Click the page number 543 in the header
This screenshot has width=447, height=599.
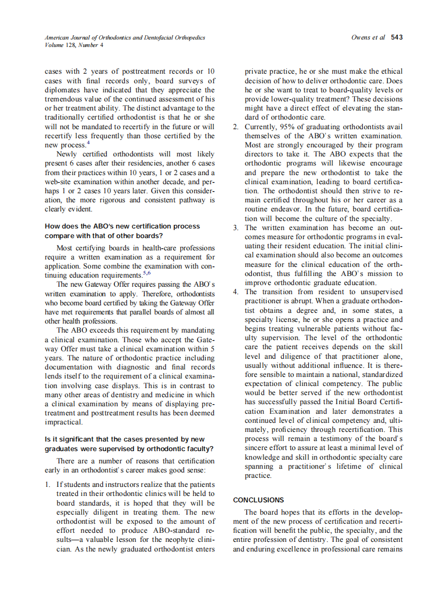(396, 37)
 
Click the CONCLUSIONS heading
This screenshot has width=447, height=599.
(259, 500)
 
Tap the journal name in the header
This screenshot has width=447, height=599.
(125, 37)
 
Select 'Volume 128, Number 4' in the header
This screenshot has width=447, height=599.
(74, 45)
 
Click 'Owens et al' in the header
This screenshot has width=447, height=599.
(368, 37)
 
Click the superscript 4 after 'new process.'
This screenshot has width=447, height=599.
(88, 143)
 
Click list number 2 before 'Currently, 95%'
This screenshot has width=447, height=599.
(236, 127)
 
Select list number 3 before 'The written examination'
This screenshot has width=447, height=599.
(236, 228)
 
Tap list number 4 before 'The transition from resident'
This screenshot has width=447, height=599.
(236, 291)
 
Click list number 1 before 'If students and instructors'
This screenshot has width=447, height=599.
(47, 485)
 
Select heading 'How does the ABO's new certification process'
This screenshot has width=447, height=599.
(122, 226)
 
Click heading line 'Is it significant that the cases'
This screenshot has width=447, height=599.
(124, 440)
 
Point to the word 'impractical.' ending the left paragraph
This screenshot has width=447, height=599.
(63, 422)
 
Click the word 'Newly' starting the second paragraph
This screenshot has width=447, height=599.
(66, 154)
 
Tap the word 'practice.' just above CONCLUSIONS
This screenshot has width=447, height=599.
(258, 476)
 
